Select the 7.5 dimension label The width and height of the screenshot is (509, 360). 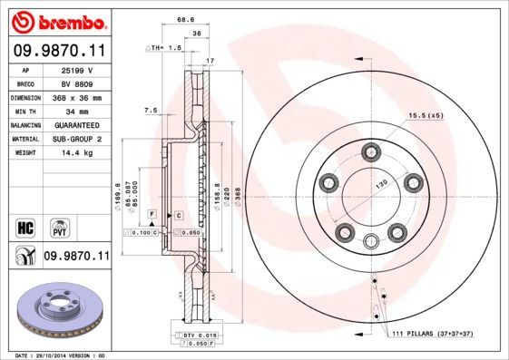151,110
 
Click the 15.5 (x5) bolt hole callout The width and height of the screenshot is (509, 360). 425,115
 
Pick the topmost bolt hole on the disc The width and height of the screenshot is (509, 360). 370,151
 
